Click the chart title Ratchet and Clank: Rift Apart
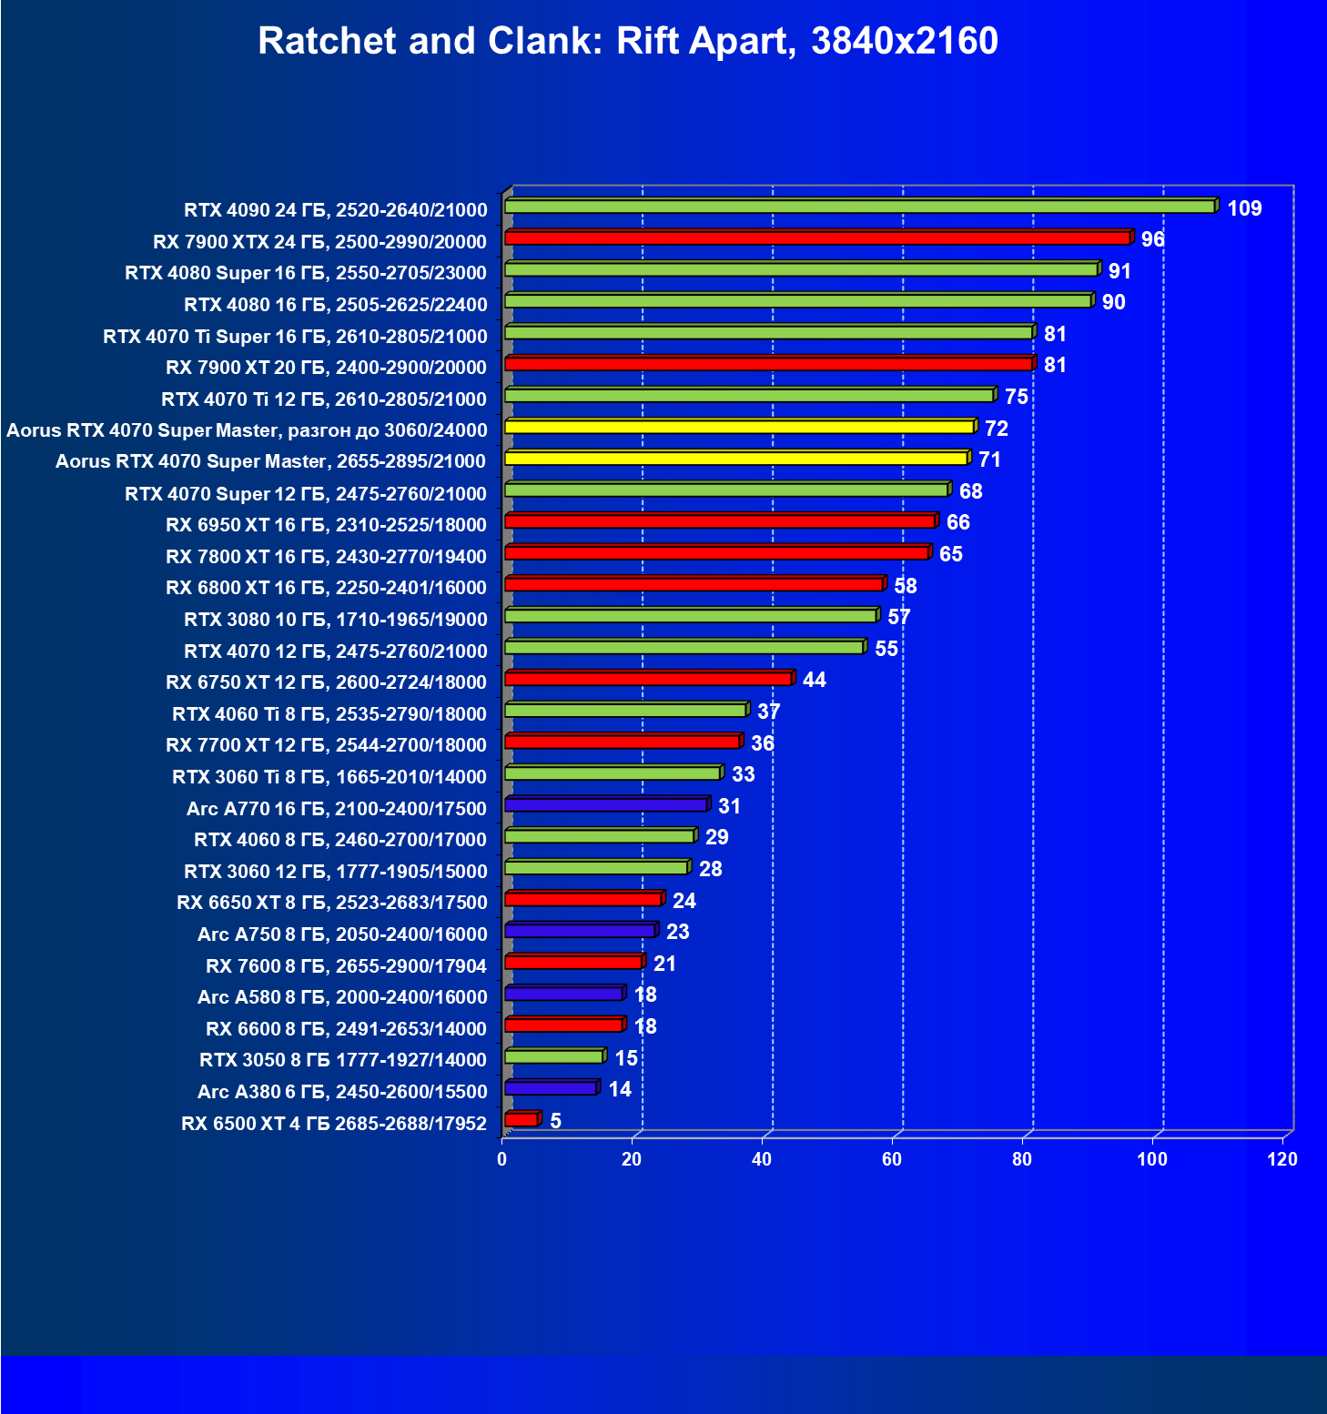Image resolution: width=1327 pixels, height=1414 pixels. (x=628, y=41)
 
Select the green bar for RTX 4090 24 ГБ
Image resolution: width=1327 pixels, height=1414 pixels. (x=859, y=207)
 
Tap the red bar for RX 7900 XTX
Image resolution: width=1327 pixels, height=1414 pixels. (x=817, y=238)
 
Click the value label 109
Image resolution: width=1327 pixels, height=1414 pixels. (x=1244, y=208)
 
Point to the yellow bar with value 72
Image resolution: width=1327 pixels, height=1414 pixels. (x=739, y=427)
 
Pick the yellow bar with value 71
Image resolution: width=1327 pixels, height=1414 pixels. (x=735, y=459)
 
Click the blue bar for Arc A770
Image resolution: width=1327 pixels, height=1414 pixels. (x=605, y=805)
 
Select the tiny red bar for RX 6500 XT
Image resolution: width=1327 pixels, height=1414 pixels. (x=522, y=1120)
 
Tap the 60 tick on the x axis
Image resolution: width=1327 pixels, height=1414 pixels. (x=892, y=1159)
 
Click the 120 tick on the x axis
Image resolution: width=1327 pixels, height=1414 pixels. (x=1282, y=1159)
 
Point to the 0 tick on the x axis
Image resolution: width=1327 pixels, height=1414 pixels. (x=501, y=1159)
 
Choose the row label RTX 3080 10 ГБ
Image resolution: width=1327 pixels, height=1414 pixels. (x=335, y=620)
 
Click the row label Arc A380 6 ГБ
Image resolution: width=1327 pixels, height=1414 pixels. (x=342, y=1091)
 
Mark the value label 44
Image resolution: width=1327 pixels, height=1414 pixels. (x=815, y=680)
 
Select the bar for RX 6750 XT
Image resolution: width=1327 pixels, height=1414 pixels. (x=648, y=679)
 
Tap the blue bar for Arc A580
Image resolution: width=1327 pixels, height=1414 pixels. (x=563, y=994)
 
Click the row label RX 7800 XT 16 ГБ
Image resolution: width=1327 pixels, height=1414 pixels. (x=326, y=556)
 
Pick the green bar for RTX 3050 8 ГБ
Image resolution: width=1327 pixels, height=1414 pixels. (x=553, y=1056)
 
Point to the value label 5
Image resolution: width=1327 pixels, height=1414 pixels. (x=556, y=1121)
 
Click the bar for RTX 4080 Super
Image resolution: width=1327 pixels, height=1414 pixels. (x=801, y=270)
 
